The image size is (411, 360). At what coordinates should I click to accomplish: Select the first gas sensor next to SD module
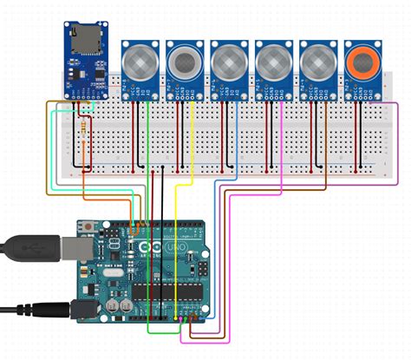[x=140, y=62]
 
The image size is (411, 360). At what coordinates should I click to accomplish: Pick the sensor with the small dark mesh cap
[x=185, y=62]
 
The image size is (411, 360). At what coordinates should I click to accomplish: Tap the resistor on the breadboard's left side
[x=84, y=131]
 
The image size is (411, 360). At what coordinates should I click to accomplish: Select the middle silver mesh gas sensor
[x=229, y=62]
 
